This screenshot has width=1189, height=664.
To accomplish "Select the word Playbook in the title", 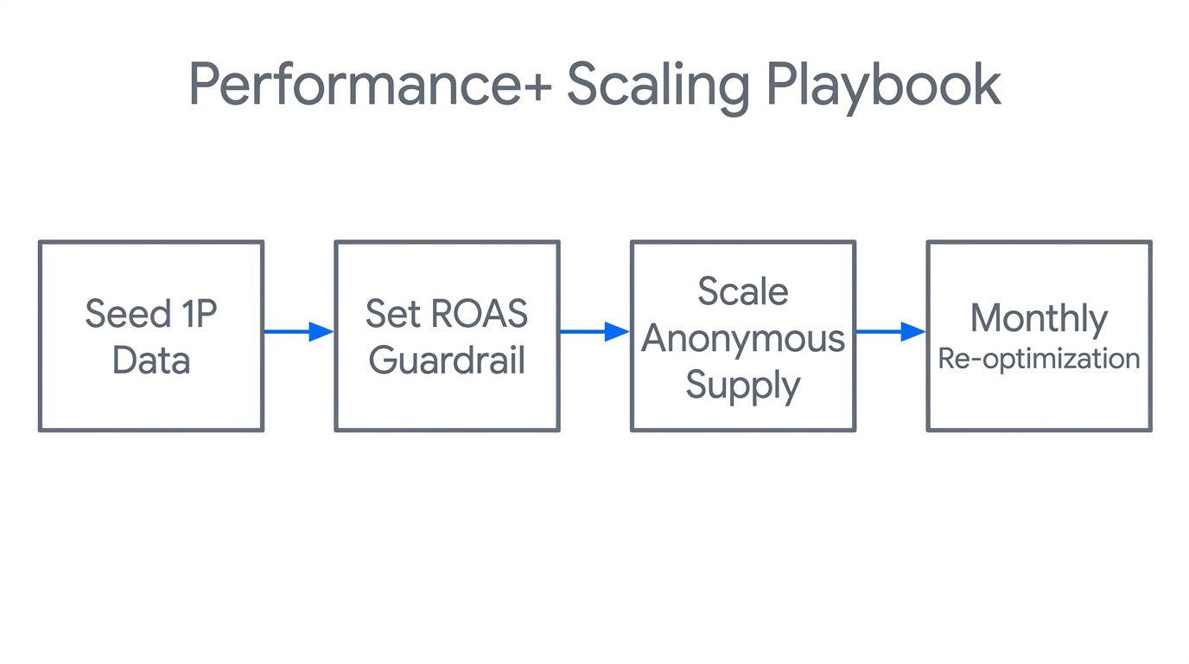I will coord(884,85).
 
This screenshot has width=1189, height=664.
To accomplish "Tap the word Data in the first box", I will coord(151,360).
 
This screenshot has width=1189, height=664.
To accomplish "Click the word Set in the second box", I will coord(392,314).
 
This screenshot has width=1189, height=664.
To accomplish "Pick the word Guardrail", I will coord(447,360).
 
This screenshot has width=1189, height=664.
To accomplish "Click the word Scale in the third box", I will coord(743,291).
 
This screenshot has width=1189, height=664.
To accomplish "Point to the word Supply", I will coord(743,385).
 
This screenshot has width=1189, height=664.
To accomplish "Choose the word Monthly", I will coord(1039,318).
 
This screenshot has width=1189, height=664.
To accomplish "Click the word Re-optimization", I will coord(1039,359).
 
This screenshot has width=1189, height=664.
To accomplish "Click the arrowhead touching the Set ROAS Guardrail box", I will coord(321,331).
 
